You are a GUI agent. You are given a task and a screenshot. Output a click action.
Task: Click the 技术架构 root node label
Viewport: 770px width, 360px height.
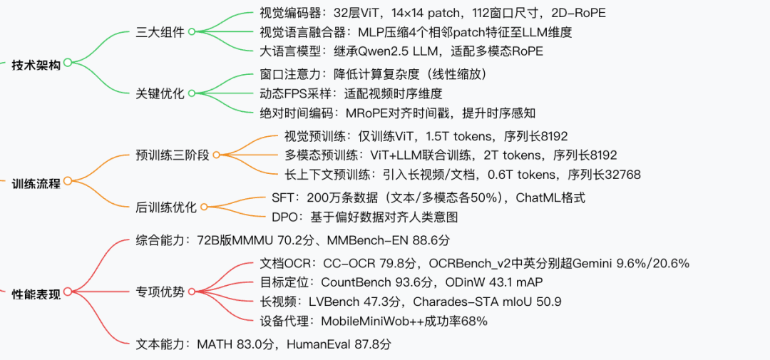point(36,65)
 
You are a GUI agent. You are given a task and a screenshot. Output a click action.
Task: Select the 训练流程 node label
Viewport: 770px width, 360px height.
point(36,183)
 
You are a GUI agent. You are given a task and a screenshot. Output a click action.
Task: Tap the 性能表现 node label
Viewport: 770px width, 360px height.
point(36,293)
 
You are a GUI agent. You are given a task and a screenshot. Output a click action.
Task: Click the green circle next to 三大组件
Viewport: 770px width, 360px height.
point(192,32)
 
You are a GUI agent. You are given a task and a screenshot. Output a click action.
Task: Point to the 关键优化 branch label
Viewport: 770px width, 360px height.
point(160,93)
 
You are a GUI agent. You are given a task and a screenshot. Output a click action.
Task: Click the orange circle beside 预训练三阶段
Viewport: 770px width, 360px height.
point(217,155)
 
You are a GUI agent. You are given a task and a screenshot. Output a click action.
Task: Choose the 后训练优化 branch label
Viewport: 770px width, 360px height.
point(165,207)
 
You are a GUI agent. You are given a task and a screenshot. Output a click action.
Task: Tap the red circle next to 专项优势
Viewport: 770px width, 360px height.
point(192,292)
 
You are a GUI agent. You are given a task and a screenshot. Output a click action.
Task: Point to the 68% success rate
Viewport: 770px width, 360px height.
point(475,322)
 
